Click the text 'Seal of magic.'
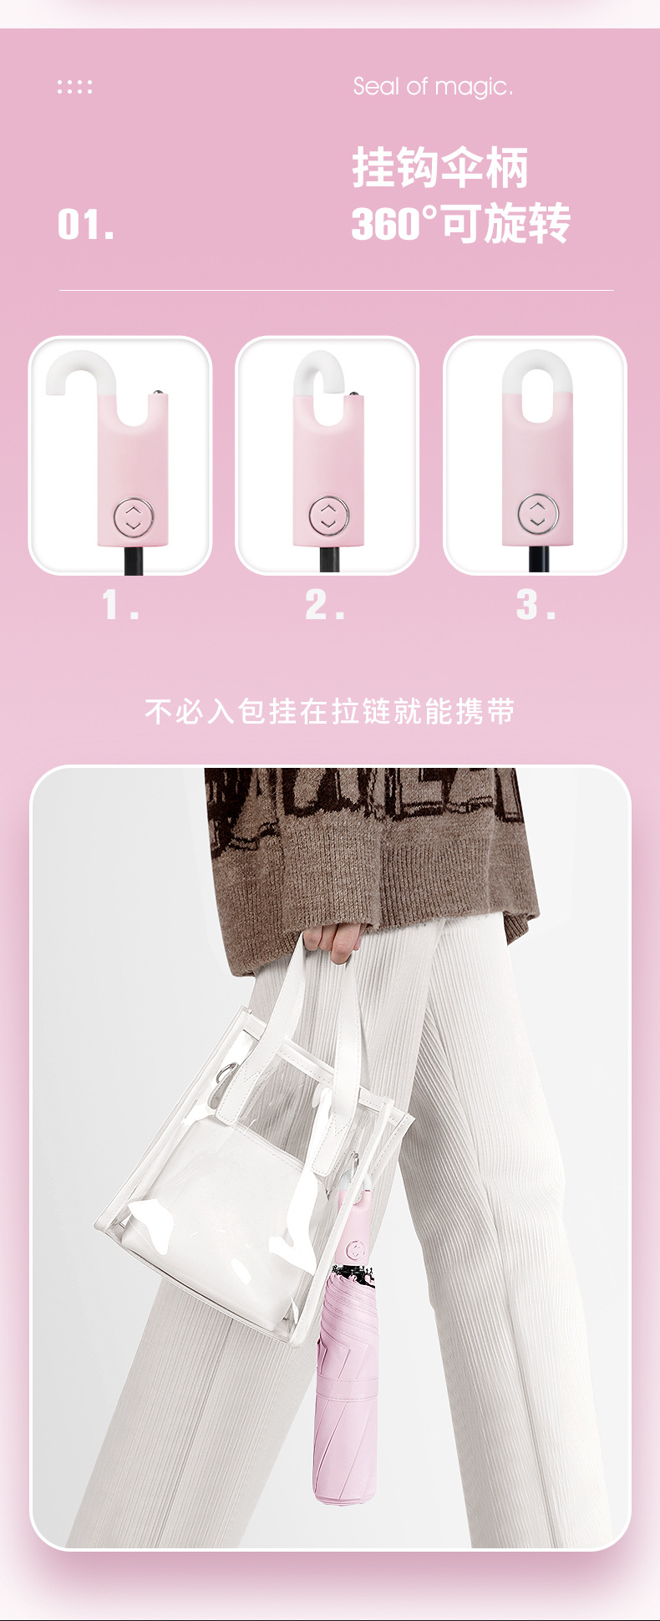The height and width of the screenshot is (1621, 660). pos(433,87)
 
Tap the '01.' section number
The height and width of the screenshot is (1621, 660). pos(86,225)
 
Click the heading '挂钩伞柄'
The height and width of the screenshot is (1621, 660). pos(440,168)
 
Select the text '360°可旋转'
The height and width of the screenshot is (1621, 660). pos(460,223)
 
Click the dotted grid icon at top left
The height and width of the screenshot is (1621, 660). pos(74,87)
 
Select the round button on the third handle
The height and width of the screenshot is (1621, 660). pos(537,514)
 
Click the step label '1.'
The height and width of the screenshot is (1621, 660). pos(120,605)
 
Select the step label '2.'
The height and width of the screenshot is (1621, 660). pos(324,605)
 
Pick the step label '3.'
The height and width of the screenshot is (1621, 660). pos(536,605)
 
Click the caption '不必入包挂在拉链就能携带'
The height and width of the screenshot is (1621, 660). pos(330,711)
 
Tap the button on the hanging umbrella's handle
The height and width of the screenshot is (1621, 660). pos(356,1250)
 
